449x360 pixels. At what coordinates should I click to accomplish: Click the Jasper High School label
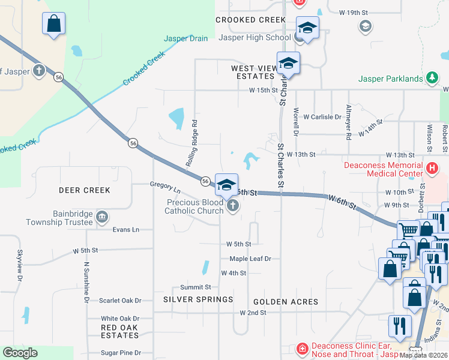(255, 37)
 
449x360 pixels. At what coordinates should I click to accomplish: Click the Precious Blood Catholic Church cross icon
(233, 207)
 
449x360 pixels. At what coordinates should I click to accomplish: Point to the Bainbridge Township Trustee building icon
(101, 216)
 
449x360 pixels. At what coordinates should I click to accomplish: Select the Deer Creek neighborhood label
(85, 190)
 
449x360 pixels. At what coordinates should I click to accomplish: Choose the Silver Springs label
(198, 299)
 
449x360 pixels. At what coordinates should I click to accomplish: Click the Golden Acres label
(286, 302)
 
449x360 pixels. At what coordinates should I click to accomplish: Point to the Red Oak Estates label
(119, 331)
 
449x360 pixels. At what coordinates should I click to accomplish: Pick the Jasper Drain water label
(186, 39)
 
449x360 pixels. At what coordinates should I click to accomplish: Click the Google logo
(20, 353)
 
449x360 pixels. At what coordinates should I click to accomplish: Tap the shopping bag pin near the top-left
(53, 24)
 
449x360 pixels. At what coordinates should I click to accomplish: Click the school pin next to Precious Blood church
(226, 185)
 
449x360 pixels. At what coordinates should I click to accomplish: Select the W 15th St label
(264, 91)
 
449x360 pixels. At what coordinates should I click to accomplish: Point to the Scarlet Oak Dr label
(120, 301)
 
